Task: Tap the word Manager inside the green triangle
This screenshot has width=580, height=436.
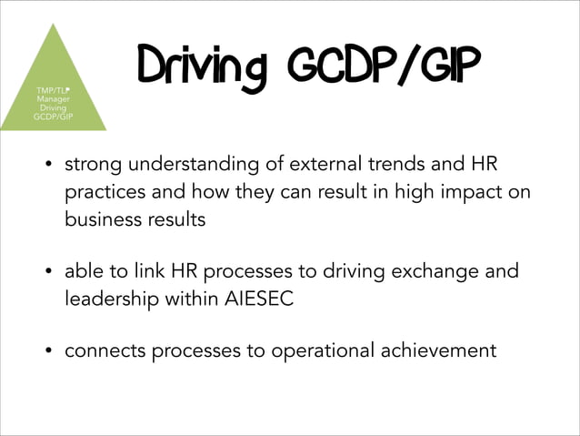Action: point(53,98)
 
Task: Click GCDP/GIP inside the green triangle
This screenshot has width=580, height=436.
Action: point(53,117)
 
